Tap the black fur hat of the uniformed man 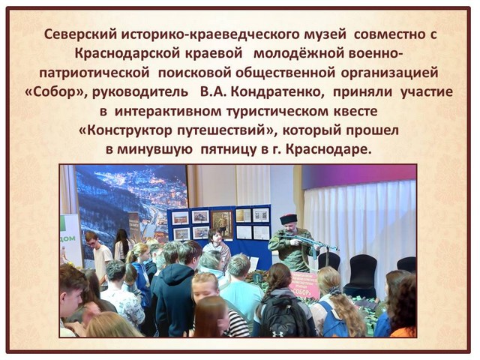289,219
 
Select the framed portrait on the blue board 223,225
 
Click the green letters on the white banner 69,238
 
